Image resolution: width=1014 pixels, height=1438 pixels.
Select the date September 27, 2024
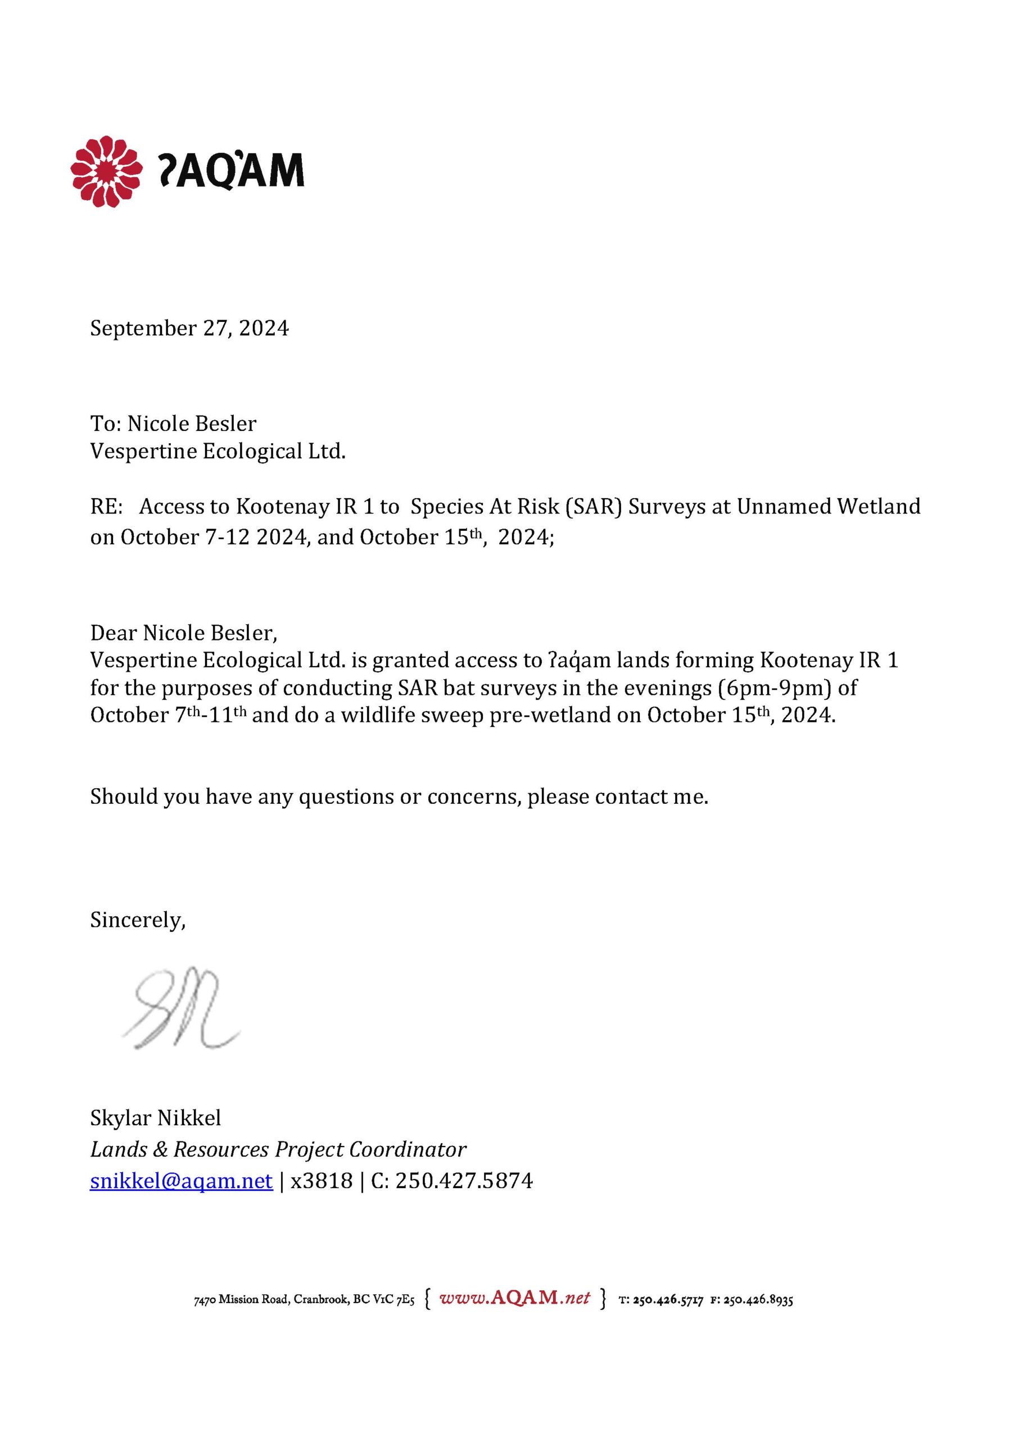coord(189,328)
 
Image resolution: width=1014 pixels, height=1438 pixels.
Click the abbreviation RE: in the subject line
coord(107,506)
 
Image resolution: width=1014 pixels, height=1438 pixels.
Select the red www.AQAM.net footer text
coord(514,1297)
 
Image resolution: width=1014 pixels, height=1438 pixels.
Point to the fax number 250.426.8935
coord(758,1300)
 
